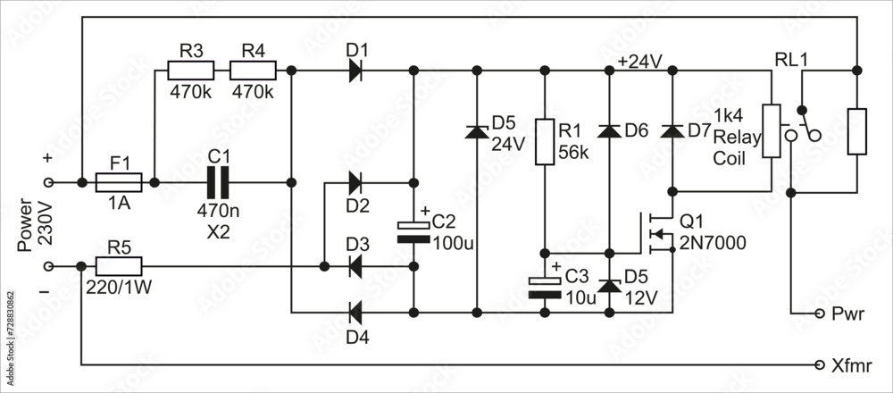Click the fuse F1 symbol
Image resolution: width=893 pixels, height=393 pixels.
[x=118, y=182]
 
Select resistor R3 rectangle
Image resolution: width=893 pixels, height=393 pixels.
[x=190, y=70]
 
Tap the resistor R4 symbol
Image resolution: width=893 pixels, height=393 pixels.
[x=253, y=70]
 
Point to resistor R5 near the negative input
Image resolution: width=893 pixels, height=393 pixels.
[x=118, y=266]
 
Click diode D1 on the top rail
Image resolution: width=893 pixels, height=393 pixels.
[x=355, y=70]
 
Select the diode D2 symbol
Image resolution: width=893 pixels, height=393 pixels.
[x=355, y=182]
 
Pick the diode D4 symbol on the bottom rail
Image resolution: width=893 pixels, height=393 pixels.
[x=355, y=313]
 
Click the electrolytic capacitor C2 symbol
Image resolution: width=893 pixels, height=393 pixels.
[x=413, y=231]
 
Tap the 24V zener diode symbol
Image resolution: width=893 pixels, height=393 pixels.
[x=477, y=131]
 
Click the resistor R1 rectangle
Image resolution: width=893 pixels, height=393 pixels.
[x=544, y=141]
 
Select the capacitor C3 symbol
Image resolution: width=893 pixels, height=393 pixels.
[x=544, y=287]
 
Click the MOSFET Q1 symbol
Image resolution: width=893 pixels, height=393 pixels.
[x=659, y=234]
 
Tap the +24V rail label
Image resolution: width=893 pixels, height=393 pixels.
[x=639, y=61]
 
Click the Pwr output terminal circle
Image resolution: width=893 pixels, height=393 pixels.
[x=821, y=314]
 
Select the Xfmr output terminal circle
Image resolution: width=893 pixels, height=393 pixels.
[x=821, y=365]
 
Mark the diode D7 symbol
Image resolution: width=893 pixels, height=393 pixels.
[x=672, y=131]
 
